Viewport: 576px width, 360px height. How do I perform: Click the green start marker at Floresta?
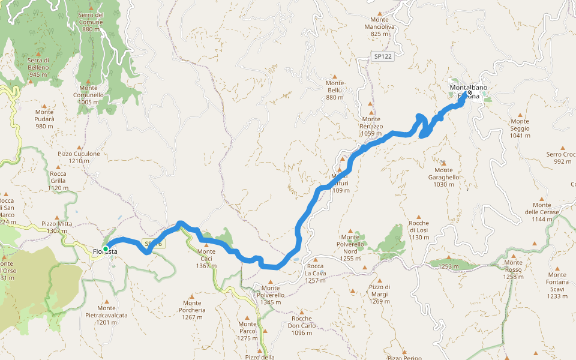point(106,248)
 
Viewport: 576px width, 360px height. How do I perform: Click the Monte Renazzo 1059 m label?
point(371,130)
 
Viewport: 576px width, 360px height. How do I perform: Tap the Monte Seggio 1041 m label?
point(519,132)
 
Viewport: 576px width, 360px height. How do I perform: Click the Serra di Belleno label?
point(38,67)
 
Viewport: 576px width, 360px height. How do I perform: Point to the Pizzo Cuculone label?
point(79,157)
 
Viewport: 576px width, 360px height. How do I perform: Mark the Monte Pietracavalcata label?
point(106,318)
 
